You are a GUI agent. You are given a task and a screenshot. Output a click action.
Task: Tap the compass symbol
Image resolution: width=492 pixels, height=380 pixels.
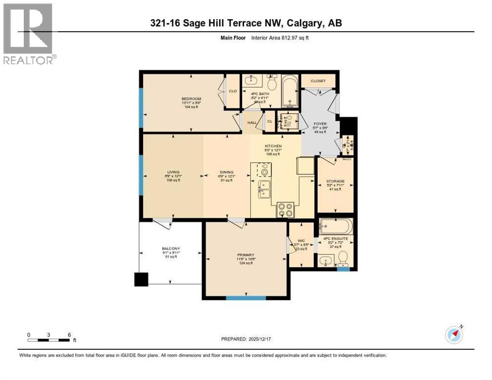tap(453, 334)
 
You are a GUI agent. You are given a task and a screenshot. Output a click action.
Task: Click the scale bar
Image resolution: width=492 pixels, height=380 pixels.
tap(49, 340)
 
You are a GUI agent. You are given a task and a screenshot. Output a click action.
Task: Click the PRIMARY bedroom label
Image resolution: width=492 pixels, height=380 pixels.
tap(246, 255)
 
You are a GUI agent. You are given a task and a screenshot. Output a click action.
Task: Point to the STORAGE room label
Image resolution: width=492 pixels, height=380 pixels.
tap(335, 181)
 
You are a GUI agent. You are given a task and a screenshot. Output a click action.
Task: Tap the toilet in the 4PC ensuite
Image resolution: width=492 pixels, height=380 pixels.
tap(343, 258)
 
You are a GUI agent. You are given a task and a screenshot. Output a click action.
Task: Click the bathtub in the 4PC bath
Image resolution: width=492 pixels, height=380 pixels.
tap(290, 91)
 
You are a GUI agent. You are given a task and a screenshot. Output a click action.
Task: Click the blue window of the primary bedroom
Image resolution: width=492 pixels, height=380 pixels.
tap(246, 298)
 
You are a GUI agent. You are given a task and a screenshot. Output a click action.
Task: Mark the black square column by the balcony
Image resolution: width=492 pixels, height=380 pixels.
tap(141, 280)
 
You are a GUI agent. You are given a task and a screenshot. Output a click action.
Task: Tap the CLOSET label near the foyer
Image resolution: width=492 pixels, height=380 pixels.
tap(318, 81)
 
